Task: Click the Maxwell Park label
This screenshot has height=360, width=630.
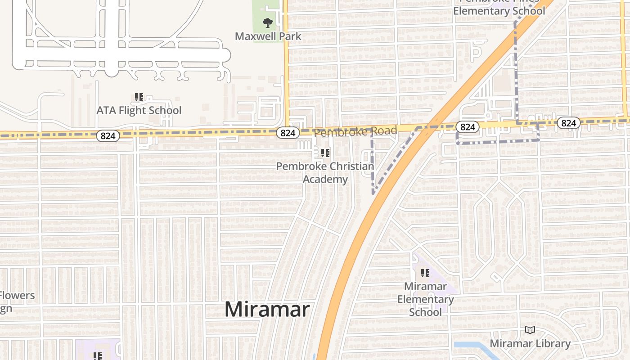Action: (268, 36)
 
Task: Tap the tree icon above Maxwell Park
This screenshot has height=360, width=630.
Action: (268, 22)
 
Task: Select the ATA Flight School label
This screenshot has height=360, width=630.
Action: (139, 110)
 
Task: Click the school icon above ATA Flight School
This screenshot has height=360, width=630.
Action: (139, 97)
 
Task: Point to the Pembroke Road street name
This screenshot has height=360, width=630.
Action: (355, 131)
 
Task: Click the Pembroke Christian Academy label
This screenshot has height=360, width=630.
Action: (325, 173)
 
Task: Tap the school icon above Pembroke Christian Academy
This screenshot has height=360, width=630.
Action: (325, 153)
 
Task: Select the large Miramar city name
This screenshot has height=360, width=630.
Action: (267, 310)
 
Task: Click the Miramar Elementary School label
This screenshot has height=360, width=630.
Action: (425, 299)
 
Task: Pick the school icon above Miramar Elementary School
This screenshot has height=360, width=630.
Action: (425, 273)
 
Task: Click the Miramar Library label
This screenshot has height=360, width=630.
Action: (530, 344)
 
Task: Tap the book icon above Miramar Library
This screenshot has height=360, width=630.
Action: (530, 330)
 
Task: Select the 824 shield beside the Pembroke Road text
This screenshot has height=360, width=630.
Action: (288, 132)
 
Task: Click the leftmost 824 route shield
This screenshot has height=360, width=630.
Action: (108, 135)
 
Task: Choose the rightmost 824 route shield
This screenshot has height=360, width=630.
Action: (569, 123)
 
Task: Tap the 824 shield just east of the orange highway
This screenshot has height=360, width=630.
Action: (468, 127)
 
